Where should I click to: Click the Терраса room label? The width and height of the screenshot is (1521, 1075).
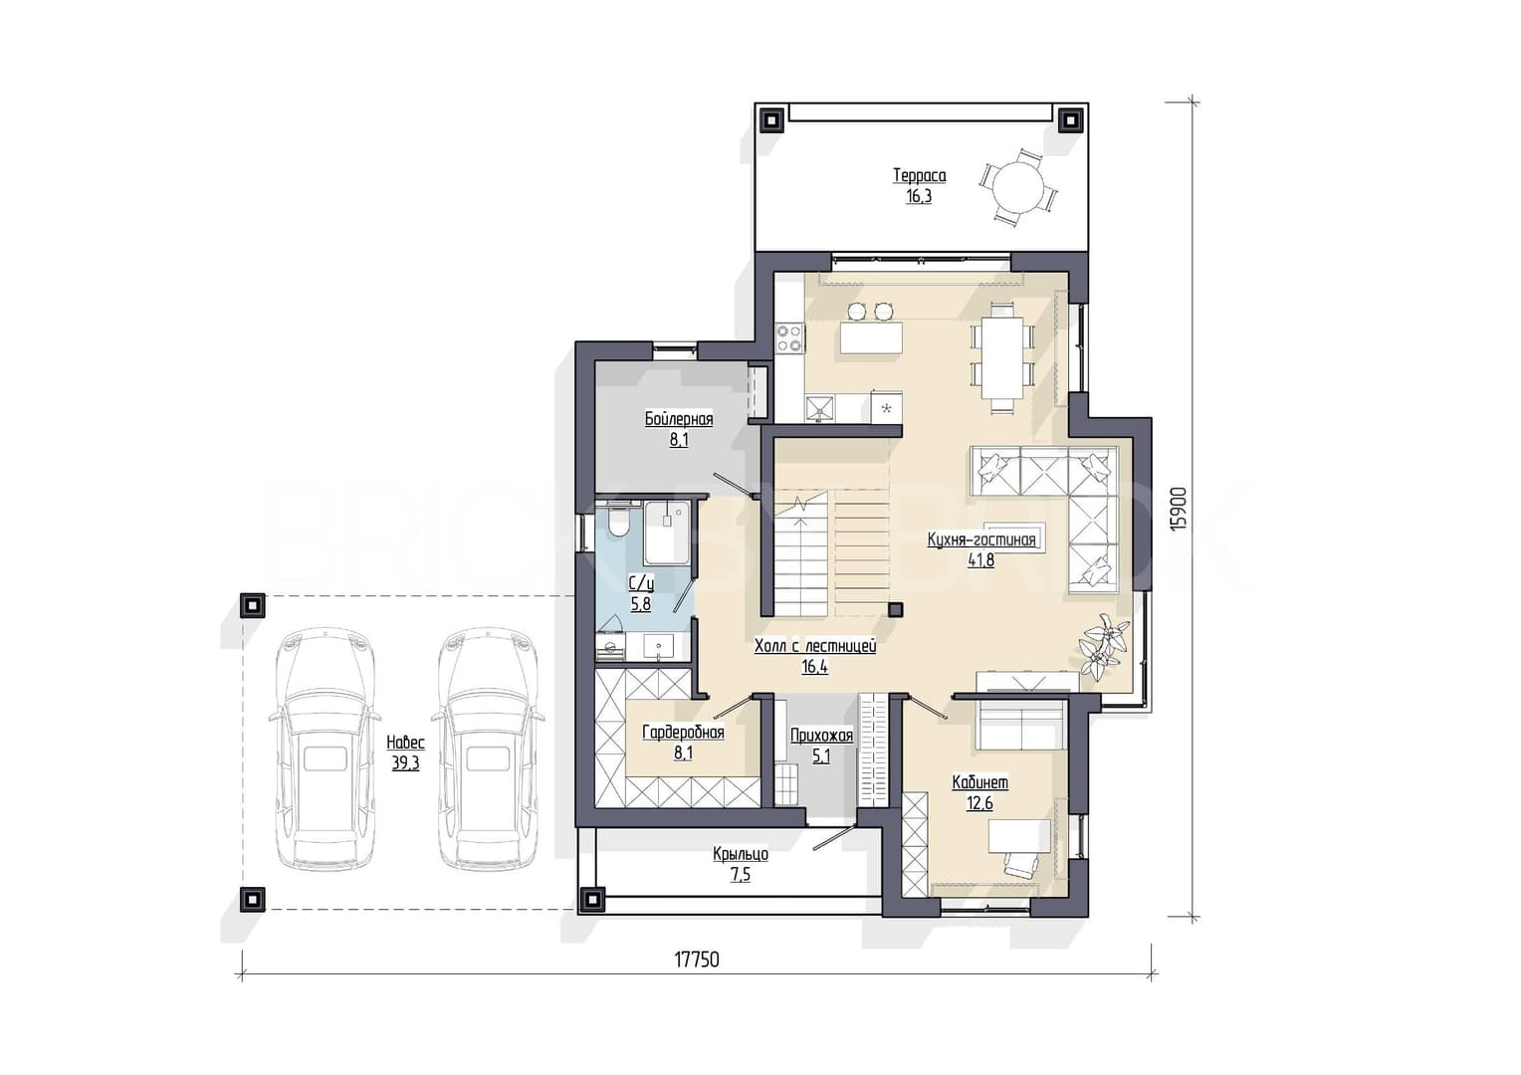click(x=919, y=176)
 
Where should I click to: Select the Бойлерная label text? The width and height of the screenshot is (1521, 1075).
click(x=679, y=419)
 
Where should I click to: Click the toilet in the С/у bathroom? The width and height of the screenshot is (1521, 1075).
click(x=618, y=522)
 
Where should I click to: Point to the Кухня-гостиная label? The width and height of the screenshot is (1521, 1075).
click(x=981, y=539)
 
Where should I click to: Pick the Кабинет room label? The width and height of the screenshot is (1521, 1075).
click(x=979, y=782)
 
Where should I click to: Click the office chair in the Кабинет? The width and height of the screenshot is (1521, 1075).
click(x=1020, y=866)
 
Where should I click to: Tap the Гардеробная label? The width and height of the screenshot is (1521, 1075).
click(x=683, y=732)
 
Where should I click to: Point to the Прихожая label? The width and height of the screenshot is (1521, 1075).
click(x=821, y=736)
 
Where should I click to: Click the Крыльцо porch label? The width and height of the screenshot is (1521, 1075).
click(x=741, y=854)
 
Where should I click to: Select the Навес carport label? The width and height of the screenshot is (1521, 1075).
click(x=405, y=742)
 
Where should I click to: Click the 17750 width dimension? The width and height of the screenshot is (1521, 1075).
click(x=697, y=960)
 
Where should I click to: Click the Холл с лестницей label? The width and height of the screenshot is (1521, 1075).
click(x=815, y=646)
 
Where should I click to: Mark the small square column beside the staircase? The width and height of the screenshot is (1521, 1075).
click(x=896, y=609)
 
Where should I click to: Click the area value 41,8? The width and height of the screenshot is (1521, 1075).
click(x=981, y=560)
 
